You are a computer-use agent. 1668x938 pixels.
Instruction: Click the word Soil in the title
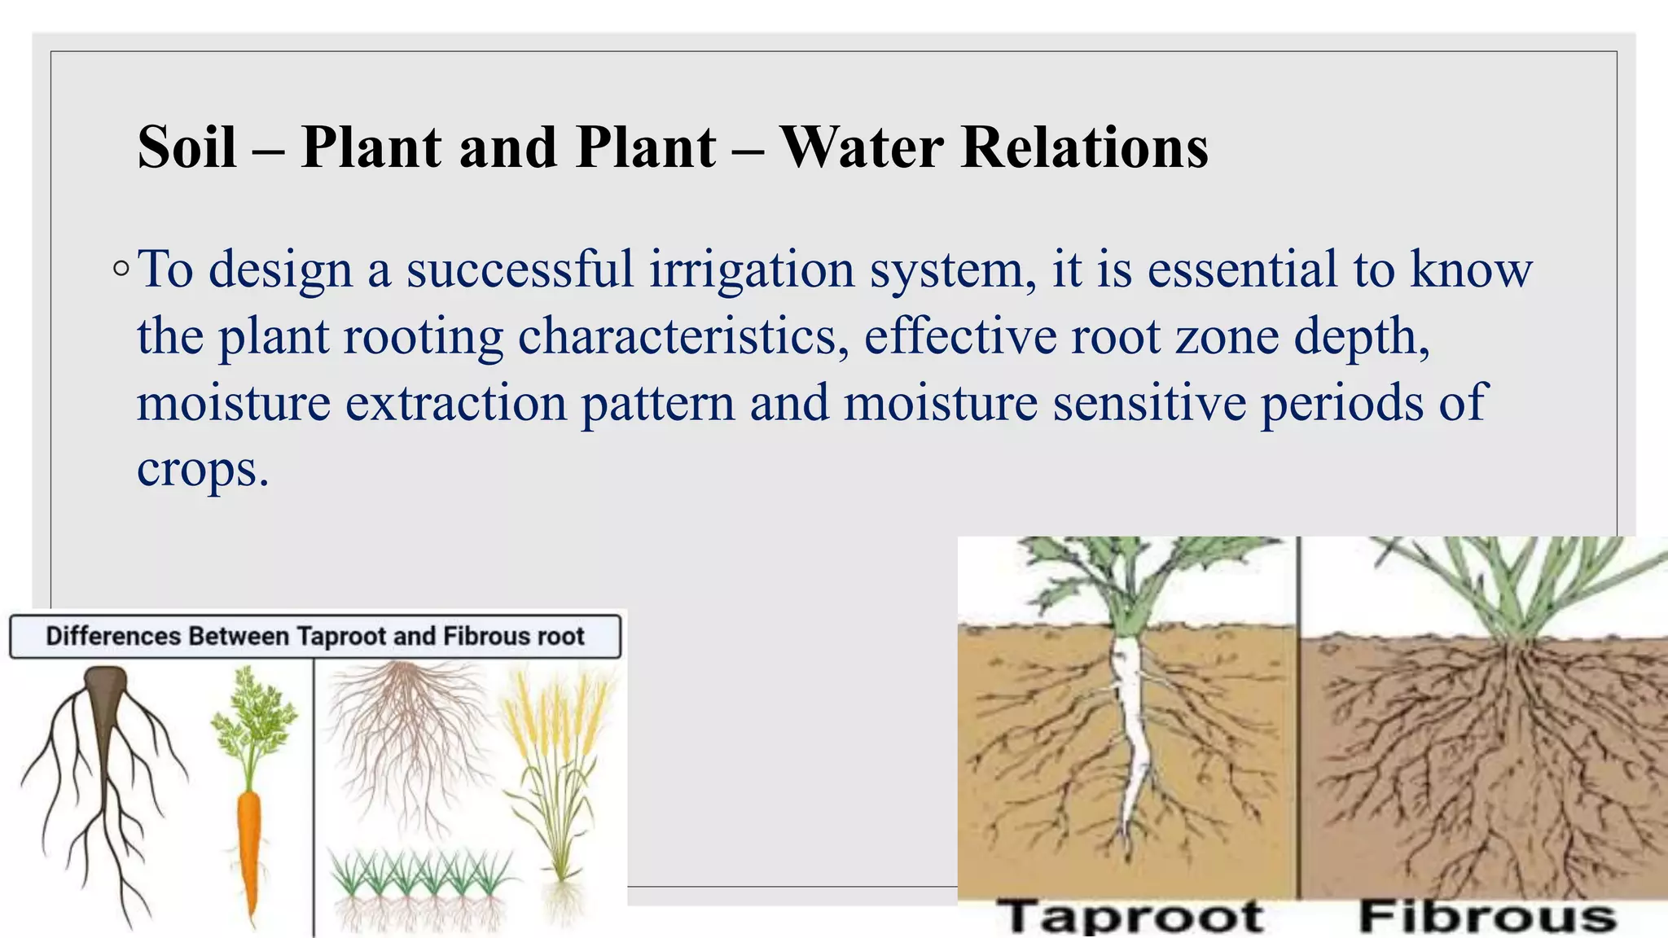[x=187, y=147]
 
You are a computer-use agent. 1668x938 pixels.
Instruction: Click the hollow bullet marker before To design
[x=121, y=268]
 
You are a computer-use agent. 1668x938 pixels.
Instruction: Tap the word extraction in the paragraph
[x=456, y=403]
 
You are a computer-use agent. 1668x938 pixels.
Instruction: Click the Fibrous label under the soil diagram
[x=1487, y=916]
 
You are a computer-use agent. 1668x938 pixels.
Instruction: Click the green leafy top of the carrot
[x=254, y=717]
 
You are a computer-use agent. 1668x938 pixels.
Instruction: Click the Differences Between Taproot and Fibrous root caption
[x=314, y=636]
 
